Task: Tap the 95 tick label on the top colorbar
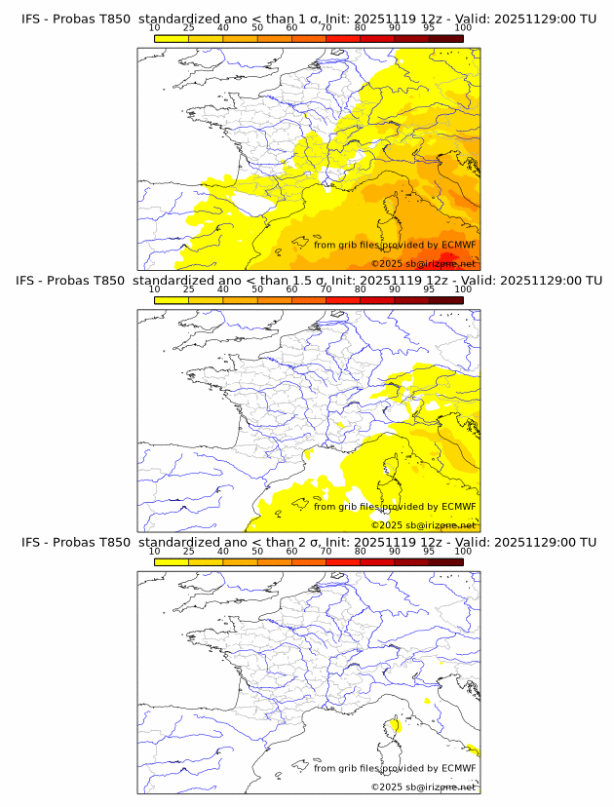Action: [x=429, y=28]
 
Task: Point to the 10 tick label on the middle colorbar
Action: [x=154, y=289]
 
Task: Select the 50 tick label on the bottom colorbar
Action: [x=257, y=551]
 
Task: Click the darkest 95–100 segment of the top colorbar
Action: [x=445, y=39]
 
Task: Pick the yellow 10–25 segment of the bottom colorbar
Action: [x=172, y=562]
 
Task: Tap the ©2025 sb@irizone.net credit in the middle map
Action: [x=423, y=524]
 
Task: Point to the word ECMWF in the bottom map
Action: [x=459, y=768]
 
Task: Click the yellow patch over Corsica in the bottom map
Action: [x=393, y=725]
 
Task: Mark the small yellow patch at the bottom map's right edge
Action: [x=473, y=749]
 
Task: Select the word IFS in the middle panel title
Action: [x=32, y=281]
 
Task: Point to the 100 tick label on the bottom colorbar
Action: [x=463, y=551]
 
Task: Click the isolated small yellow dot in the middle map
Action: [x=340, y=426]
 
